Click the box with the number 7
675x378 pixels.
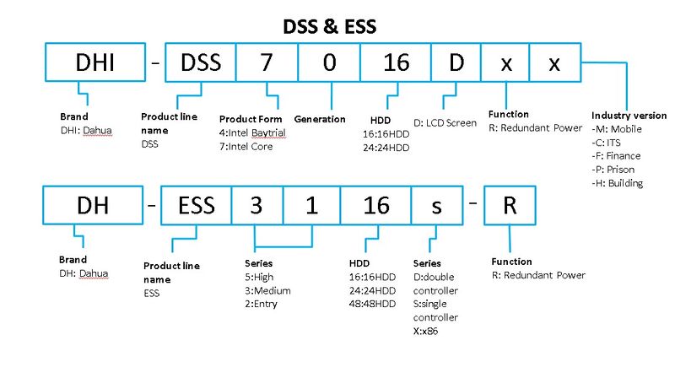click(266, 63)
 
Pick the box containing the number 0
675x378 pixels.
click(329, 63)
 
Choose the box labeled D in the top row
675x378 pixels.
click(456, 63)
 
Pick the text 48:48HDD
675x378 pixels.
click(372, 303)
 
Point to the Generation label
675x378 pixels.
click(320, 119)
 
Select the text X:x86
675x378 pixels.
click(430, 330)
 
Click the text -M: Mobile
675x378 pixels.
click(618, 128)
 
